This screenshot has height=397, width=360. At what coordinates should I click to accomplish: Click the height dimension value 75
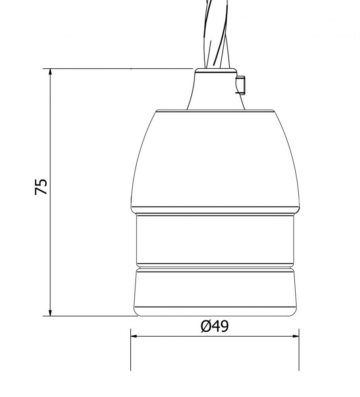tap(41, 187)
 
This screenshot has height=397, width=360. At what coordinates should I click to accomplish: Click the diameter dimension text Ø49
tap(215, 326)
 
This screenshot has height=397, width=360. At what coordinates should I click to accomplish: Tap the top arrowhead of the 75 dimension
tap(50, 72)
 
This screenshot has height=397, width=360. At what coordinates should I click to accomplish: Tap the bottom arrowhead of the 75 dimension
tap(50, 313)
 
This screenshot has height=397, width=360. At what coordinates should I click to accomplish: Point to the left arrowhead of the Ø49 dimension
tap(134, 336)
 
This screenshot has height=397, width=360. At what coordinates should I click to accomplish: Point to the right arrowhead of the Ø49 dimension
tap(296, 336)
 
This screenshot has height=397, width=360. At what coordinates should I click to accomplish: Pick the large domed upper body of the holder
tap(215, 159)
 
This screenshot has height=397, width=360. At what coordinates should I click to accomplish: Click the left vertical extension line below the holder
tap(131, 353)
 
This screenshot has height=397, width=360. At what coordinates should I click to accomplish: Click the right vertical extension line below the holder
tap(299, 353)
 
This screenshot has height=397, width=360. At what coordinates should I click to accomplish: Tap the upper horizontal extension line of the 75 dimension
tap(119, 69)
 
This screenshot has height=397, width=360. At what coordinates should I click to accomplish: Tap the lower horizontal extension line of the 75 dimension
tap(91, 316)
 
